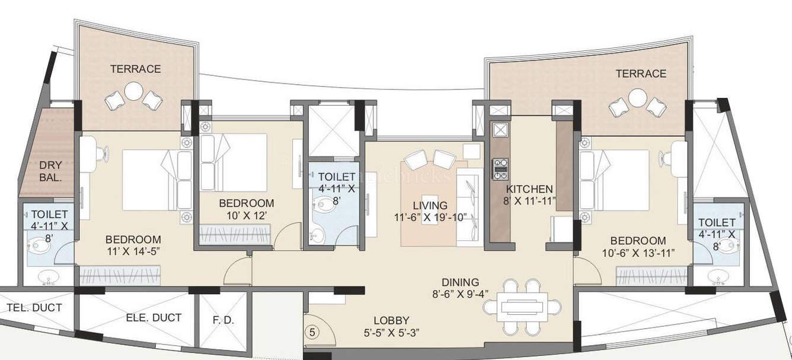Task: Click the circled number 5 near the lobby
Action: pyautogui.click(x=312, y=333)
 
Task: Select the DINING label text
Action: pyautogui.click(x=460, y=282)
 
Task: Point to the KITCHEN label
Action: pyautogui.click(x=529, y=189)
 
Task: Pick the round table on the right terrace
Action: pyautogui.click(x=637, y=97)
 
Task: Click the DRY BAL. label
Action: pyautogui.click(x=47, y=171)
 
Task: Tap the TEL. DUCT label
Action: pyautogui.click(x=34, y=308)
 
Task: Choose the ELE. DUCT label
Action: pyautogui.click(x=154, y=318)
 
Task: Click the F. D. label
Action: pyautogui.click(x=223, y=320)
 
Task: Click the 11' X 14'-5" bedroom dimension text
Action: pyautogui.click(x=133, y=251)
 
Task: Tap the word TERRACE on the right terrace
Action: pyautogui.click(x=640, y=74)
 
